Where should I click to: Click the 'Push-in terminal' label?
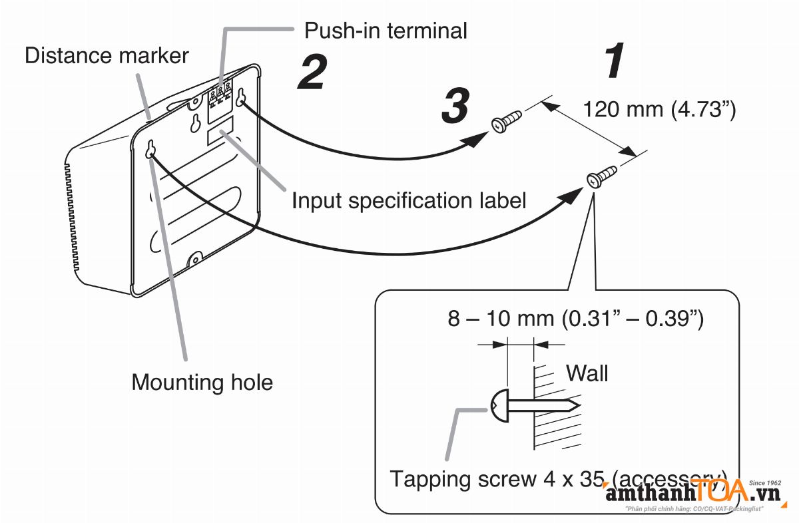tap(386, 30)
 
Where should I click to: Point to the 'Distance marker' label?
tap(107, 55)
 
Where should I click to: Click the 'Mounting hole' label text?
tap(202, 382)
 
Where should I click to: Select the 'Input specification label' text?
tap(409, 200)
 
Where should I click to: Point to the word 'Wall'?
tap(587, 373)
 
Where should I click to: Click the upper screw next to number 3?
tap(507, 120)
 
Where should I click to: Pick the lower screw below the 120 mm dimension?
tap(601, 177)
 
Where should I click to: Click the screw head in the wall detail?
tap(499, 403)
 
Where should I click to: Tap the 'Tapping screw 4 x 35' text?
tap(496, 478)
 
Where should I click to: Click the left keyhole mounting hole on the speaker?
tap(150, 149)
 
